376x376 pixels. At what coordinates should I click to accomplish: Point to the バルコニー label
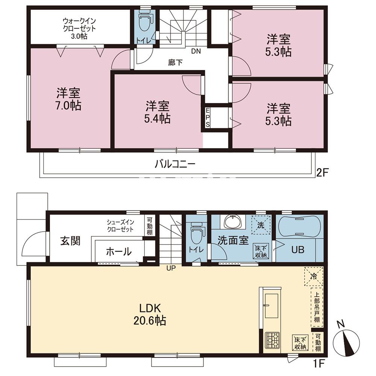(x=175, y=164)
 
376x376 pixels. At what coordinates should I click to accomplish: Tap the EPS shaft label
(x=207, y=117)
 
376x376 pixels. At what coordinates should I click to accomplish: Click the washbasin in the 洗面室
(x=233, y=221)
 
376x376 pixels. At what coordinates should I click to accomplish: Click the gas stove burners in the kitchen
(x=272, y=341)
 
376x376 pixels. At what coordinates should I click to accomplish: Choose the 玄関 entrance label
(x=70, y=241)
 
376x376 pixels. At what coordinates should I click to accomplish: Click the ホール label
(x=118, y=252)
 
